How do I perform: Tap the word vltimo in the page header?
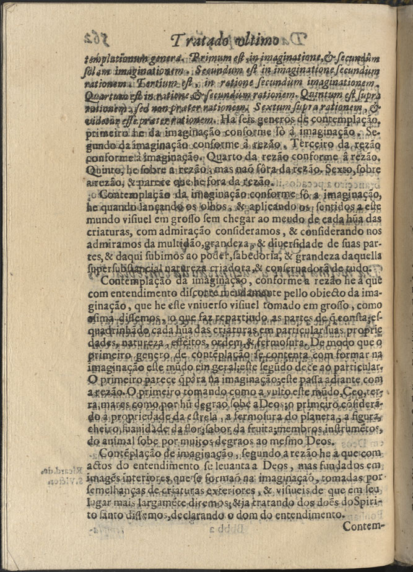(x=257, y=41)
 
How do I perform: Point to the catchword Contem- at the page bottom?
(x=363, y=526)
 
